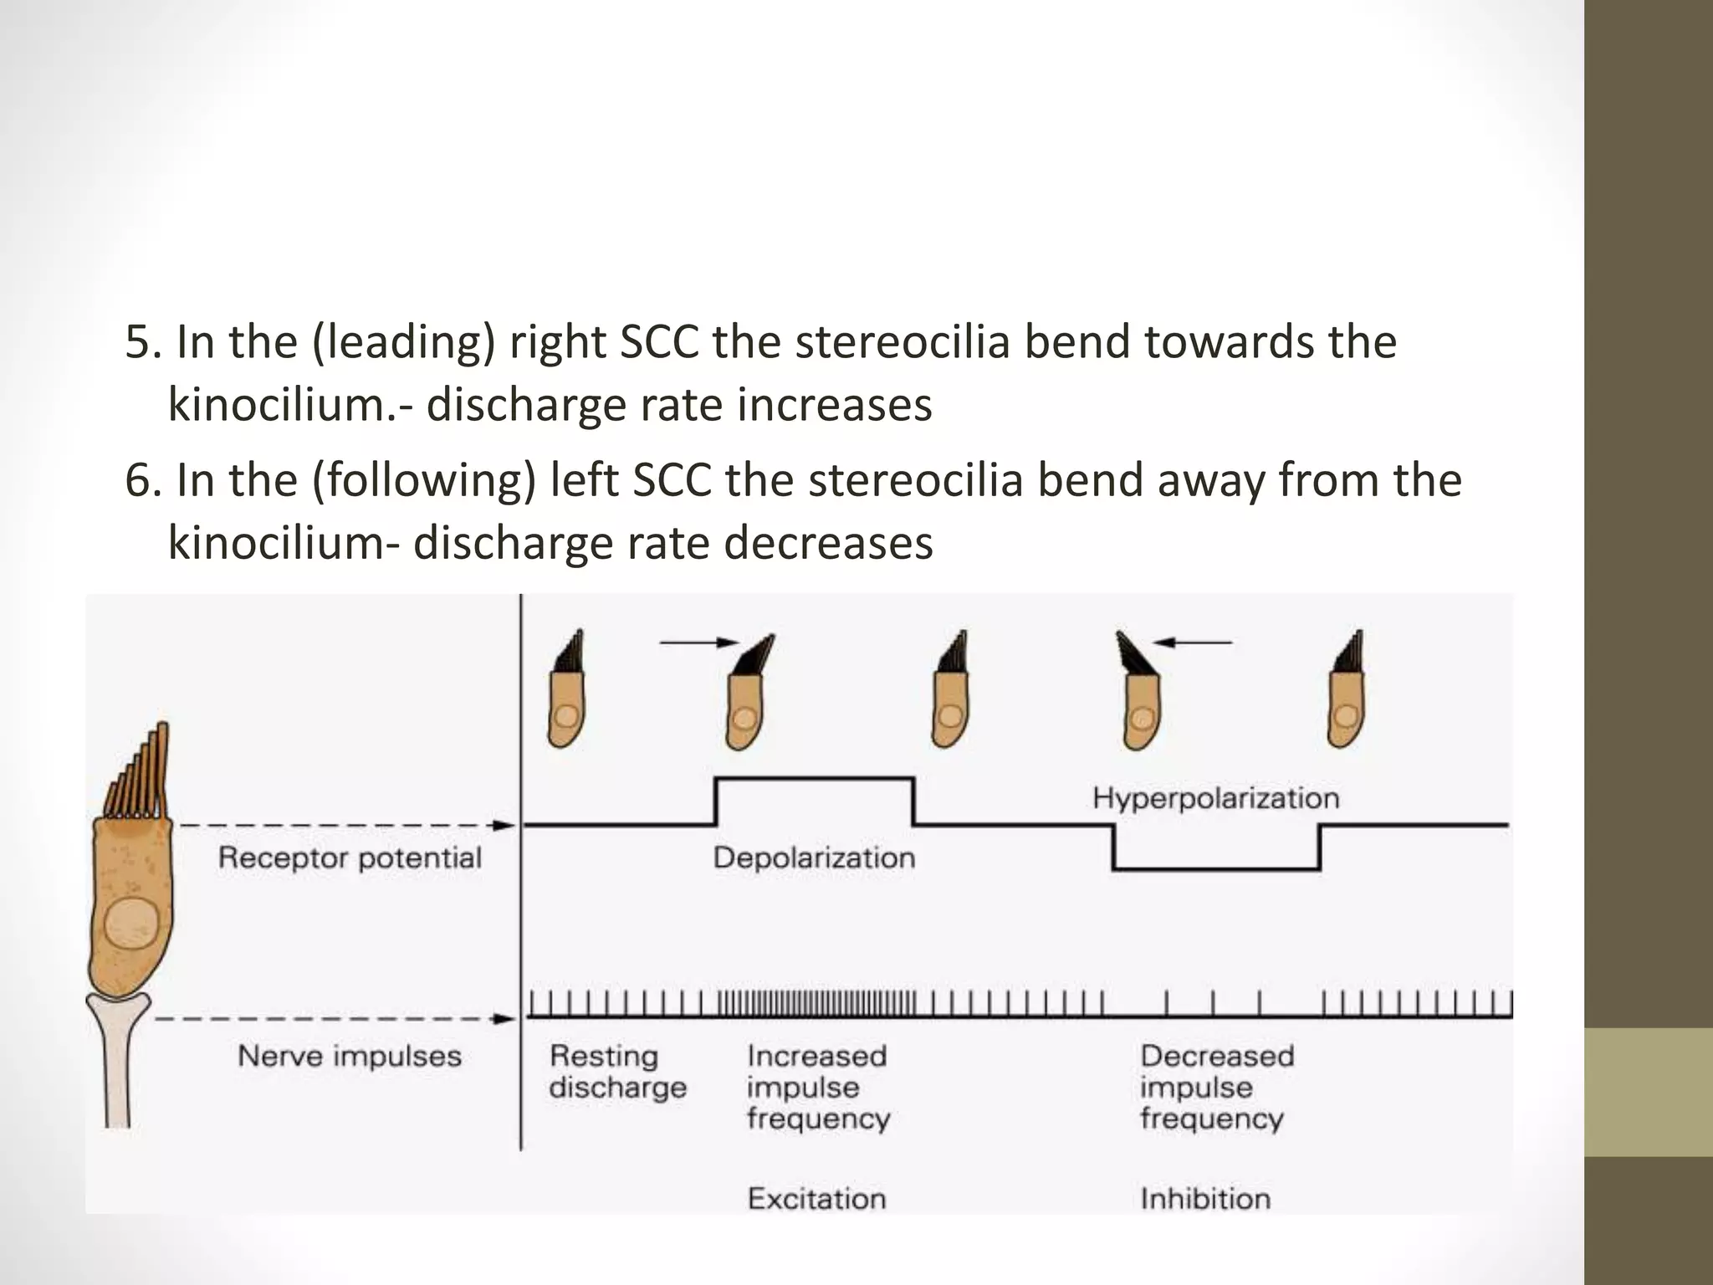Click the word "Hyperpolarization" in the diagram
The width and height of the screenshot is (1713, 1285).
[1215, 798]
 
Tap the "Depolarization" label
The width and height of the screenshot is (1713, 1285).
[814, 858]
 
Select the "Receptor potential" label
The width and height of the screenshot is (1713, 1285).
[350, 858]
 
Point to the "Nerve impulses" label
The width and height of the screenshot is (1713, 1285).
[350, 1056]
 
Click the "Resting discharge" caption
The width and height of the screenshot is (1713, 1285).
[617, 1072]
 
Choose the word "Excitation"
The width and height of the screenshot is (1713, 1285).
[816, 1199]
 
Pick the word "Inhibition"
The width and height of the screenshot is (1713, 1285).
[1205, 1199]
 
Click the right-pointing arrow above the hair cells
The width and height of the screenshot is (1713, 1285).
[700, 642]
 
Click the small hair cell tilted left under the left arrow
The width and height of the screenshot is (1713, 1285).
[1138, 691]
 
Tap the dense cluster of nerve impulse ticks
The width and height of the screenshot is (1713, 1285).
[816, 1001]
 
